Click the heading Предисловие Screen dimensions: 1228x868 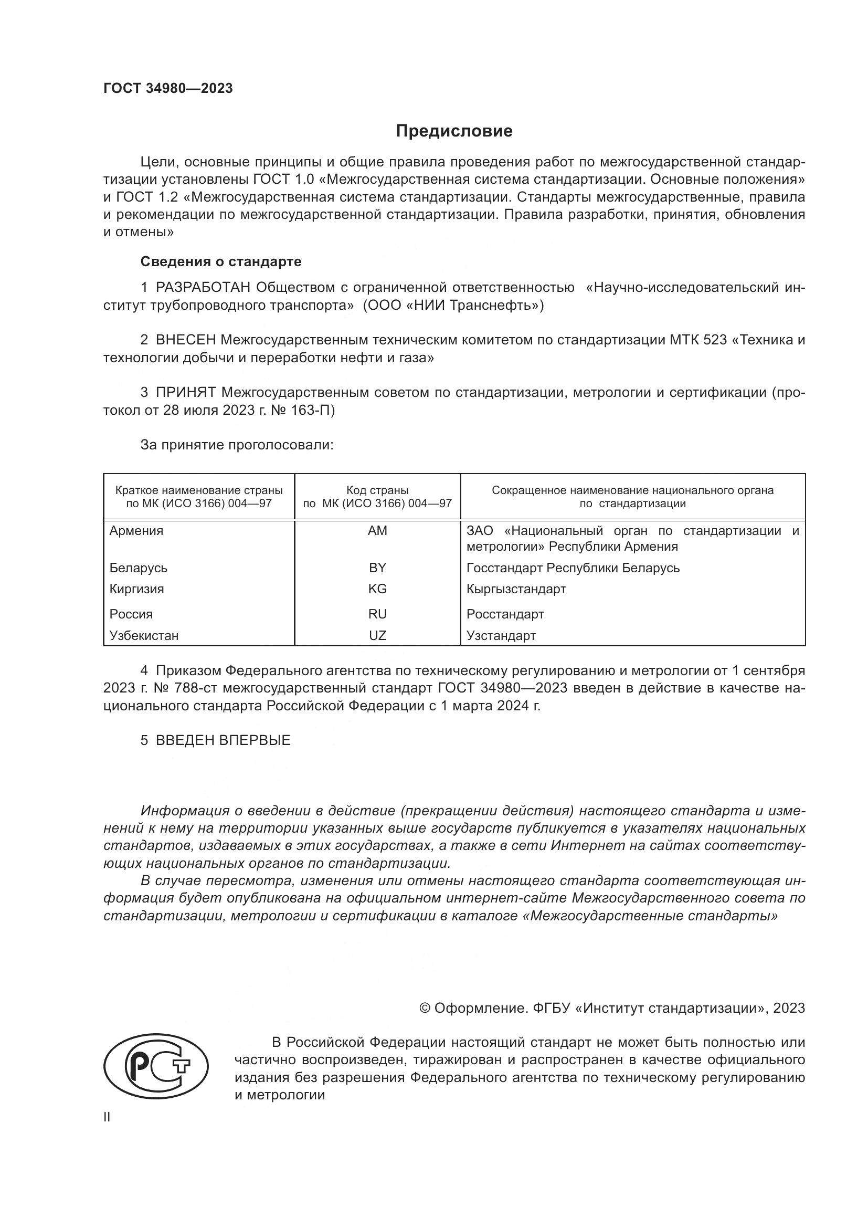454,131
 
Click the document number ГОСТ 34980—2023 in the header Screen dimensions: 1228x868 168,89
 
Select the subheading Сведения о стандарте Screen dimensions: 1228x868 221,261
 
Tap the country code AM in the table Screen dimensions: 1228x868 377,531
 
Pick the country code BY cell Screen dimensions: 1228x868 377,568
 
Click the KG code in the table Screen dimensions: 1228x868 377,589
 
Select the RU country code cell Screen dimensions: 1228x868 377,614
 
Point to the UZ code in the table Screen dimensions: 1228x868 377,635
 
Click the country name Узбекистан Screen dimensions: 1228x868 144,635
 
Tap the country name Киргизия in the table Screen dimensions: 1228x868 136,589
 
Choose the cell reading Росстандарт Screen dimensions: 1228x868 505,614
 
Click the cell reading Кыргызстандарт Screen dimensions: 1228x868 516,589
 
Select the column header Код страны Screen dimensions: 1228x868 377,490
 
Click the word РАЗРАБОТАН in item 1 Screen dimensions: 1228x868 203,288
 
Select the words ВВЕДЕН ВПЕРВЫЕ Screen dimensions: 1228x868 223,740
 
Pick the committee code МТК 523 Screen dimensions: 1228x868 698,340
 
